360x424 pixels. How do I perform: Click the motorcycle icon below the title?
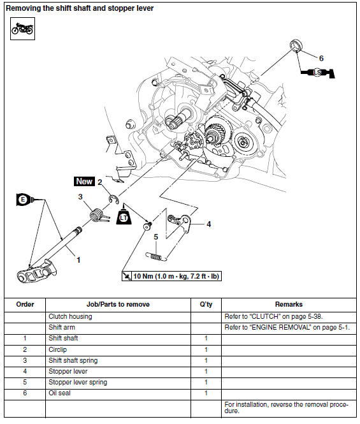point(22,28)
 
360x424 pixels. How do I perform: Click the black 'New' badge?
point(84,182)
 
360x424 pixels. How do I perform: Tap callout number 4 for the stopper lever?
point(208,224)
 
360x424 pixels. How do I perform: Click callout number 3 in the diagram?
point(81,197)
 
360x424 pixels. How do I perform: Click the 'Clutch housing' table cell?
point(70,316)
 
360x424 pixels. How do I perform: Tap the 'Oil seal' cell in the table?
point(61,393)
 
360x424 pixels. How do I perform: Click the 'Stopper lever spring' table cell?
point(78,383)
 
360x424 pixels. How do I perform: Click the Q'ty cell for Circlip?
point(206,349)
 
